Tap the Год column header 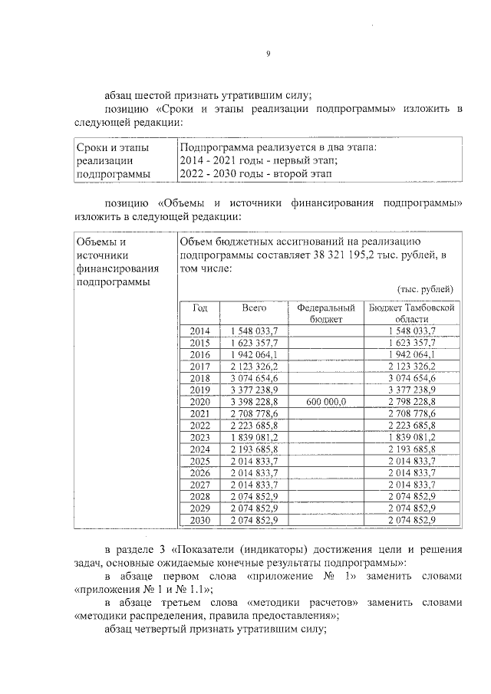pyautogui.click(x=200, y=308)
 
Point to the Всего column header pyautogui.click(x=254, y=308)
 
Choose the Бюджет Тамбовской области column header pyautogui.click(x=407, y=313)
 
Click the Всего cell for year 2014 pyautogui.click(x=254, y=330)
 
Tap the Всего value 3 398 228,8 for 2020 pyautogui.click(x=254, y=401)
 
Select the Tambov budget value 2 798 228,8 pyautogui.click(x=407, y=401)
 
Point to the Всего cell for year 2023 pyautogui.click(x=254, y=437)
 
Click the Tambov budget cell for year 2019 pyautogui.click(x=407, y=389)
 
